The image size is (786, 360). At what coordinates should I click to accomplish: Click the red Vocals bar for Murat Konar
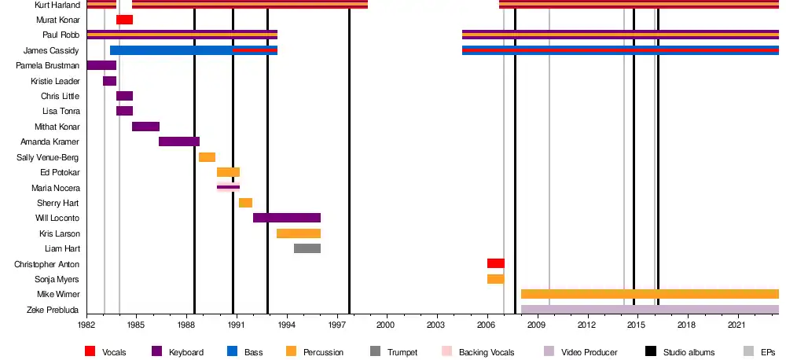pos(124,20)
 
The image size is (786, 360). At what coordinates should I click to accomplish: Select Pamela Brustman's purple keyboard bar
pos(101,65)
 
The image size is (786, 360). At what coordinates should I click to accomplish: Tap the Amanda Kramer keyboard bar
pos(179,141)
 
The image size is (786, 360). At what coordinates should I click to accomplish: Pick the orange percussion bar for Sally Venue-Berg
pos(207,157)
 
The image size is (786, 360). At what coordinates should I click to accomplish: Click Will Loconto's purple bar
pos(287,218)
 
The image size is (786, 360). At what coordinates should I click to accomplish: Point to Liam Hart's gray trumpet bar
pos(307,248)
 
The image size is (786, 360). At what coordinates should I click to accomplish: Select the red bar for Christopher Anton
pos(496,263)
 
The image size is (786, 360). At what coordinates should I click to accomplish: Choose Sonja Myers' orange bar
pos(496,279)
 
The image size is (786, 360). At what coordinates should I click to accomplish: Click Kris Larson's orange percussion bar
pos(299,233)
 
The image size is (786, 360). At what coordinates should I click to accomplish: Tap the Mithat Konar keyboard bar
pos(145,127)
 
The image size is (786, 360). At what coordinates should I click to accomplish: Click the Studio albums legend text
pos(689,352)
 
